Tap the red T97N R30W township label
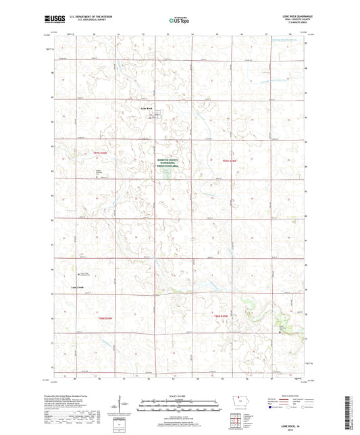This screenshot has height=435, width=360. (x=101, y=154)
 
